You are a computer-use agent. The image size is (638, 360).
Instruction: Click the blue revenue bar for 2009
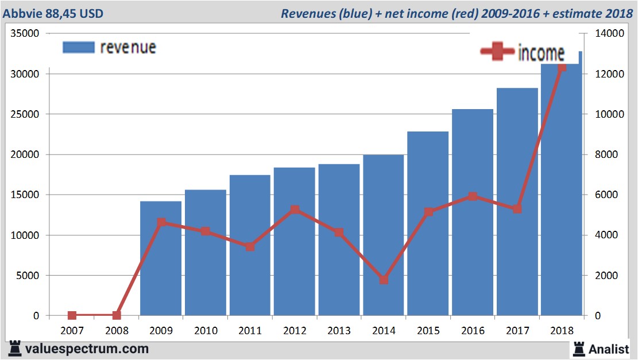pyautogui.click(x=161, y=258)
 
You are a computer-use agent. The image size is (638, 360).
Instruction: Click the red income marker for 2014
pyautogui.click(x=384, y=280)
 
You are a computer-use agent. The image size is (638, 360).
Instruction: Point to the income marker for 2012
pyautogui.click(x=295, y=210)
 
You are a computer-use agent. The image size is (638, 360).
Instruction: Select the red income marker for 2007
pyautogui.click(x=72, y=315)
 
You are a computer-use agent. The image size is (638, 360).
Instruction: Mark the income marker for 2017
pyautogui.click(x=517, y=209)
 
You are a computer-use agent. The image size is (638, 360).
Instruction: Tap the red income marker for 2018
pyautogui.click(x=562, y=67)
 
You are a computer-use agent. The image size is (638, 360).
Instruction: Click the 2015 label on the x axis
pyautogui.click(x=428, y=331)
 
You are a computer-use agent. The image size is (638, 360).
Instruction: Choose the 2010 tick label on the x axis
pyautogui.click(x=206, y=331)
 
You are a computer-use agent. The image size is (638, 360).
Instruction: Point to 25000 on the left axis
pyautogui.click(x=24, y=114)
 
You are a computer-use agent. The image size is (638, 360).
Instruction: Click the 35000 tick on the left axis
pyautogui.click(x=24, y=34)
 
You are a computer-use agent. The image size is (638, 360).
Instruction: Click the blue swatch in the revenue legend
pyautogui.click(x=78, y=47)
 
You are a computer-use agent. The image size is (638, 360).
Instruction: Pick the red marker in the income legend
pyautogui.click(x=497, y=52)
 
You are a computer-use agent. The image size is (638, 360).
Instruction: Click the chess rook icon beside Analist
pyautogui.click(x=579, y=348)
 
